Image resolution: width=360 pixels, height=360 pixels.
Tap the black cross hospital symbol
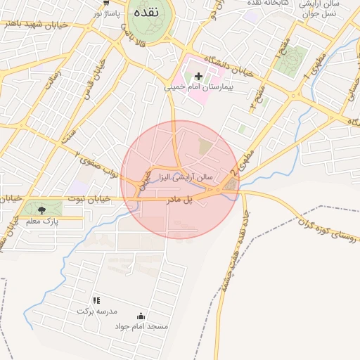(x=198, y=76)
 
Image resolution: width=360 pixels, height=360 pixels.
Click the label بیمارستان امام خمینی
(x=198, y=88)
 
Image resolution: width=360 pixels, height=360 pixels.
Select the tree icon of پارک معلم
(x=41, y=210)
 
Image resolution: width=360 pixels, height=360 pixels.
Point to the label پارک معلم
(x=41, y=221)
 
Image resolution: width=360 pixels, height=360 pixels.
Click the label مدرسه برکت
(x=98, y=310)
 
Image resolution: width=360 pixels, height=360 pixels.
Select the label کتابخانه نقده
(x=262, y=4)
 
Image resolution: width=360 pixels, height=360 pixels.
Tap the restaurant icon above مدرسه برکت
(x=96, y=300)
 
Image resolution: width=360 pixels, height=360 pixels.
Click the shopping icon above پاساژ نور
(x=106, y=3)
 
